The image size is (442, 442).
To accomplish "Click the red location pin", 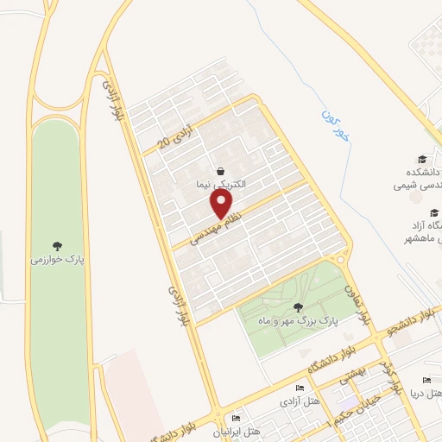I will tap(222, 205).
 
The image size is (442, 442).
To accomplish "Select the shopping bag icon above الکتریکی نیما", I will tap(221, 171).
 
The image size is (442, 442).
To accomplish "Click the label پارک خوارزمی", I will tap(54, 258).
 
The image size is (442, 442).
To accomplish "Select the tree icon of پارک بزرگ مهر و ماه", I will tap(299, 306).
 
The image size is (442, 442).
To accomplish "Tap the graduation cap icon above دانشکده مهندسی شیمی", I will tap(422, 158).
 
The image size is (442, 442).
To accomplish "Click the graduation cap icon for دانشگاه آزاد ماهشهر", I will tap(433, 212).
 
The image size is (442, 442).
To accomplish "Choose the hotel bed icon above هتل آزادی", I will tap(300, 388).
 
